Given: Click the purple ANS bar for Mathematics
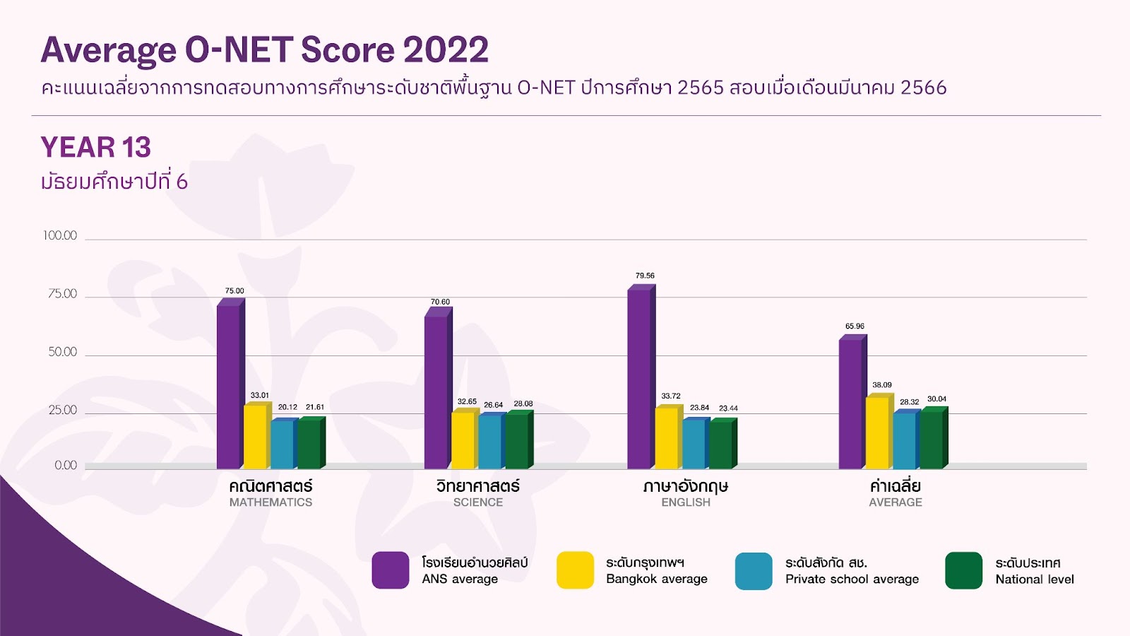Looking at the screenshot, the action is tap(230, 384).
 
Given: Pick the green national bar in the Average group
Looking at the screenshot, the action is tap(934, 437).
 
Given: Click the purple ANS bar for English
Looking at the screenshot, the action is tap(641, 377).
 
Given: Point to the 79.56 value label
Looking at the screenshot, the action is tap(645, 276).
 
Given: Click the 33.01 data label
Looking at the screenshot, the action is tap(260, 395).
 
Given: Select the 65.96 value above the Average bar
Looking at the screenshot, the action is tap(855, 326).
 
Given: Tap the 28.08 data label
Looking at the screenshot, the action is tap(523, 404).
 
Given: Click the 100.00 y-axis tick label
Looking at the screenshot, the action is tap(59, 236).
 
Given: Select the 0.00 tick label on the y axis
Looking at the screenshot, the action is tap(66, 466).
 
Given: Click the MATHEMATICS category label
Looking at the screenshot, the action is tap(271, 502).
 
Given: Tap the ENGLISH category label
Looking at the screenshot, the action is tap(686, 502).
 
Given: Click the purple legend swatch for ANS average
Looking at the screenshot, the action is tap(391, 570).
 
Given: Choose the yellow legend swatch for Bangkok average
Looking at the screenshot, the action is tap(575, 570).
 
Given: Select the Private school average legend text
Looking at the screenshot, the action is tap(852, 579).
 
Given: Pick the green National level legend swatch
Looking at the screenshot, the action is tap(963, 571).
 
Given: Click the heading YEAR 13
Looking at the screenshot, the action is tap(96, 147).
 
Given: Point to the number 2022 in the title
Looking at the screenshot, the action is tap(446, 49).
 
